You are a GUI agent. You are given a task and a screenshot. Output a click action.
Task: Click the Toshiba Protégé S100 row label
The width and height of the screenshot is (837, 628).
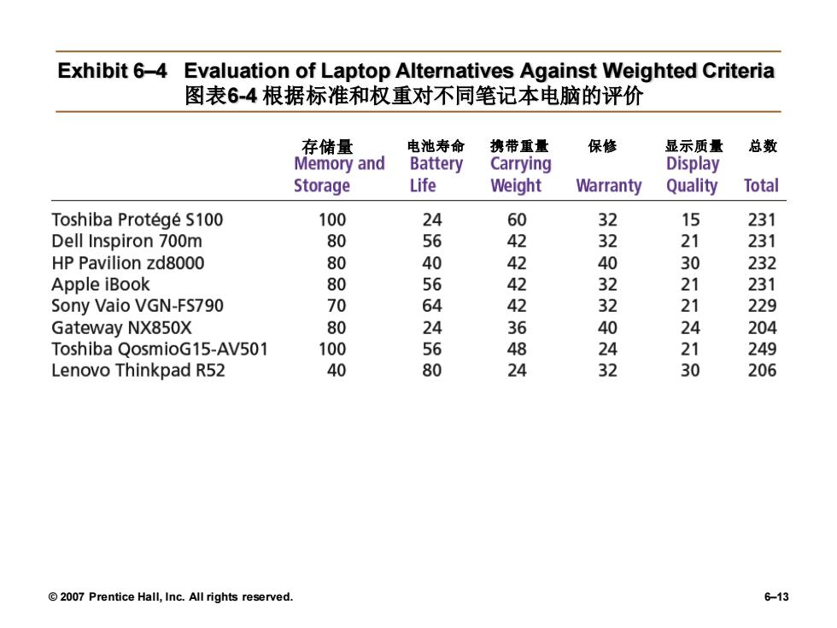click(x=138, y=220)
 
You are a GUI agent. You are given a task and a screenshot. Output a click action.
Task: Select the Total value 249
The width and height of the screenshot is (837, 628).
click(x=762, y=349)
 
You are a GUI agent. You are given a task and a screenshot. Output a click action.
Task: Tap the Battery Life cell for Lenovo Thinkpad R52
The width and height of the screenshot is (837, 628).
click(x=432, y=371)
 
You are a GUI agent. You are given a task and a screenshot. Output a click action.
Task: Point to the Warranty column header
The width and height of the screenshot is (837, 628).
click(x=608, y=185)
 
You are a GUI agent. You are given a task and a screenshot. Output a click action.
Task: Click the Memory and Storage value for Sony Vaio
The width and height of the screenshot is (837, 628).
click(x=337, y=306)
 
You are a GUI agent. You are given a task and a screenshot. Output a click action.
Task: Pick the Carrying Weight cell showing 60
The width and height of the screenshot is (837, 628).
click(x=517, y=220)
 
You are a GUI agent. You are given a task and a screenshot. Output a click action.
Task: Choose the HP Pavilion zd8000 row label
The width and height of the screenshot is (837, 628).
click(x=128, y=263)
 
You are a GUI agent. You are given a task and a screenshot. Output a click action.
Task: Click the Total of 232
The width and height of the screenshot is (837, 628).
click(x=762, y=263)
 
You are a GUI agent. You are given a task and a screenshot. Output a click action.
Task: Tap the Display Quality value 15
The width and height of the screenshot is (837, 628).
click(x=690, y=220)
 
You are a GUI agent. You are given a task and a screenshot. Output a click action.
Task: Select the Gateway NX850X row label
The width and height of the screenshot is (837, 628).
click(x=121, y=328)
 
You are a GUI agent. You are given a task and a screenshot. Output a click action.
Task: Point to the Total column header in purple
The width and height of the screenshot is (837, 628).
click(x=761, y=185)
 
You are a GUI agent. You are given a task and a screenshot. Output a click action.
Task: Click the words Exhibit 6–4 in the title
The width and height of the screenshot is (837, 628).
click(x=112, y=71)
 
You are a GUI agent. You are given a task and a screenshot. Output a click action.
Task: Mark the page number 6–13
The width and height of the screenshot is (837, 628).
click(x=776, y=597)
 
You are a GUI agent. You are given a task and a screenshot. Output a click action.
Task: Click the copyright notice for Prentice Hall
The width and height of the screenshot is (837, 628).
click(x=171, y=597)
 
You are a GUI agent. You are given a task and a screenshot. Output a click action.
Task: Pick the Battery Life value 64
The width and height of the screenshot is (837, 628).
click(x=432, y=306)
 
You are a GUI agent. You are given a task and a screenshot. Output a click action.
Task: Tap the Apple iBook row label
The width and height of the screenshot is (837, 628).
click(x=101, y=285)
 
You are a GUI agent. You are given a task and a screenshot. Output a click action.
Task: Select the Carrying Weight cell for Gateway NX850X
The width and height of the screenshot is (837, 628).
click(x=517, y=328)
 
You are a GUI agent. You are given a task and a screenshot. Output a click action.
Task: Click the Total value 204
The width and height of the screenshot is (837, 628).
click(x=762, y=328)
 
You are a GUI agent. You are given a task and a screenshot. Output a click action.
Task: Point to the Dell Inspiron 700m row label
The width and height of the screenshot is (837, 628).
click(x=127, y=241)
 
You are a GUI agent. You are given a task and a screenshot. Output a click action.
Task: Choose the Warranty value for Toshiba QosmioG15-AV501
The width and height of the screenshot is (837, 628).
click(x=607, y=349)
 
